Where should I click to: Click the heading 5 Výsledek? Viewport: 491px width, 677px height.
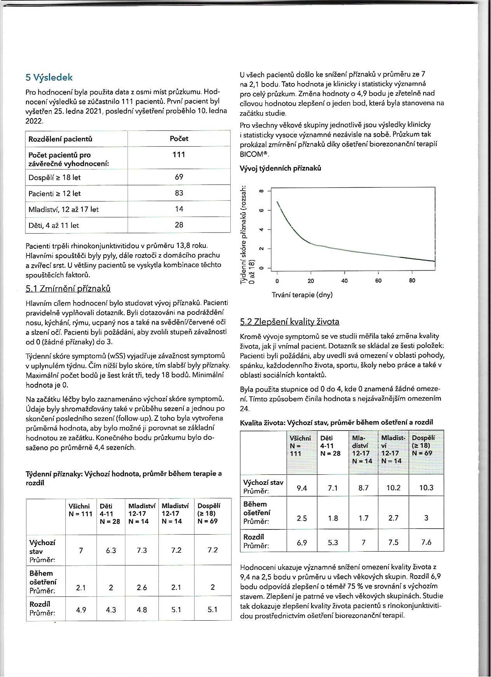pyautogui.click(x=49, y=78)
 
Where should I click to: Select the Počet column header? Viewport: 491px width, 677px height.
pyautogui.click(x=179, y=139)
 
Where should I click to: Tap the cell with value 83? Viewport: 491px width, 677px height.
pyautogui.click(x=179, y=193)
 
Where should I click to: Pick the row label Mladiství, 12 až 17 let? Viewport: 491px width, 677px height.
pyautogui.click(x=64, y=209)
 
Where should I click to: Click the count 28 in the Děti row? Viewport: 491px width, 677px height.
pyautogui.click(x=179, y=225)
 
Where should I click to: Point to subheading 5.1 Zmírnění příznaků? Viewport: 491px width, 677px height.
pyautogui.click(x=68, y=288)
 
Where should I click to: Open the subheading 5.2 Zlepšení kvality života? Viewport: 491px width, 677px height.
pyautogui.click(x=290, y=321)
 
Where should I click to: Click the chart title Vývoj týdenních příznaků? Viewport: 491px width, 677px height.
pyautogui.click(x=280, y=168)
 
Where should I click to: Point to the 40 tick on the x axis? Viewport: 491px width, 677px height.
pyautogui.click(x=345, y=281)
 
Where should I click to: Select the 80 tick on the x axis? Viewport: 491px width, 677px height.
pyautogui.click(x=412, y=281)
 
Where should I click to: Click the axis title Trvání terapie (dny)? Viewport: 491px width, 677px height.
pyautogui.click(x=302, y=295)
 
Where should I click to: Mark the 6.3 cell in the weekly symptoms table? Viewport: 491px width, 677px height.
pyautogui.click(x=111, y=550)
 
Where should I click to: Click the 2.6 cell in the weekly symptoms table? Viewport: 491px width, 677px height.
pyautogui.click(x=142, y=587)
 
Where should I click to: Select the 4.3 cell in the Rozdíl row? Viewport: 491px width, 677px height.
pyautogui.click(x=111, y=609)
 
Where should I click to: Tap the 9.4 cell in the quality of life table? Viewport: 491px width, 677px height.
pyautogui.click(x=302, y=488)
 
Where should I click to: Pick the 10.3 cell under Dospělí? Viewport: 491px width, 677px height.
pyautogui.click(x=426, y=488)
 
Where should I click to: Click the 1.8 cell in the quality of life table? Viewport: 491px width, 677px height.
pyautogui.click(x=333, y=518)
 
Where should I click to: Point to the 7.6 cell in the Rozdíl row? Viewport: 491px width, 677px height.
pyautogui.click(x=426, y=542)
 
